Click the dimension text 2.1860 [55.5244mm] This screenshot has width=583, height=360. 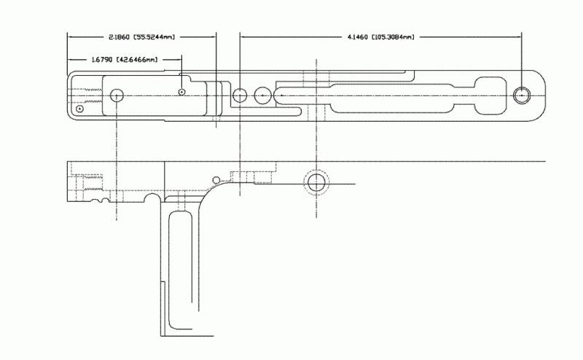141,37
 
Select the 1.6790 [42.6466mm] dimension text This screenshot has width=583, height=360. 125,60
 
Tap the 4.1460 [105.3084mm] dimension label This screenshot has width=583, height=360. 380,37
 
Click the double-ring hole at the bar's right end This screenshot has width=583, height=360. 522,95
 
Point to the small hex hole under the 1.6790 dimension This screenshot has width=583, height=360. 181,92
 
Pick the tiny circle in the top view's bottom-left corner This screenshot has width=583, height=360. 79,109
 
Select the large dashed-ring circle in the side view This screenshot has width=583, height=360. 316,183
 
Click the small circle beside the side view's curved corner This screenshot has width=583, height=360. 216,181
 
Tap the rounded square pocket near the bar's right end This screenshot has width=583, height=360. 490,95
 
